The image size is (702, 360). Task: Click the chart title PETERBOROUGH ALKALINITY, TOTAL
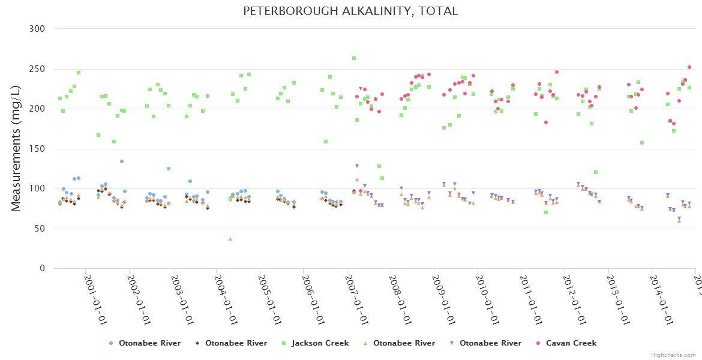pos(350,11)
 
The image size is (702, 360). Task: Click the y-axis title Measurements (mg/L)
pos(16,148)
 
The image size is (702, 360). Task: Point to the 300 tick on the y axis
pos(37,29)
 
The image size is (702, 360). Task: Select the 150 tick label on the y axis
pos(37,149)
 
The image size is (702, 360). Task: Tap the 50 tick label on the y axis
pos(40,229)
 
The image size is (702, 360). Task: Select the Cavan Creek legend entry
pos(570,343)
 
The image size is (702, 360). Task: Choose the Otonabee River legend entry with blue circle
pos(149,343)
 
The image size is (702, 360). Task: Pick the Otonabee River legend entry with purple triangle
pos(490,343)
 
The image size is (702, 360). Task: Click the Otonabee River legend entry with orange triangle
pos(404,343)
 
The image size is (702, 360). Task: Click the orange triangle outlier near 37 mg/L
pos(230,239)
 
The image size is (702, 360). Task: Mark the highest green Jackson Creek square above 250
pos(354,58)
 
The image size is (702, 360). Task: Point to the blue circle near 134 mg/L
pos(121,161)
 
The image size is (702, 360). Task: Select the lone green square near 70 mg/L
pos(546,212)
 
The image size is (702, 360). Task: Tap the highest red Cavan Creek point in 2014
pos(689,67)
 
